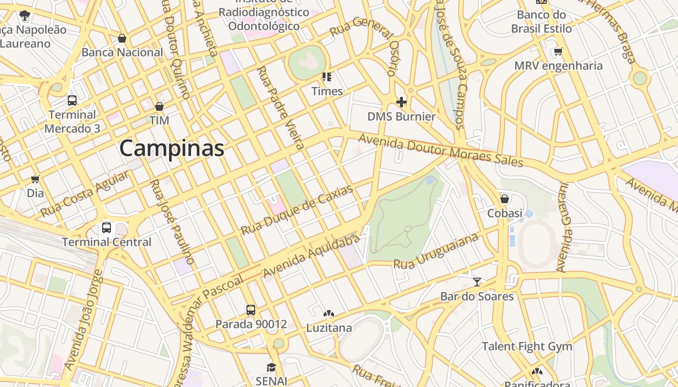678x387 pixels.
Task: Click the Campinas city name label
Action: coord(172,148)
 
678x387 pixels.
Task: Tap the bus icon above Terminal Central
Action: coord(107,227)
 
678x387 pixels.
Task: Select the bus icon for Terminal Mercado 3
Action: coord(72,101)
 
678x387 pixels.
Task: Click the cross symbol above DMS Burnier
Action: coord(401,102)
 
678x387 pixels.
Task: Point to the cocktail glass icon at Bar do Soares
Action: coord(477,282)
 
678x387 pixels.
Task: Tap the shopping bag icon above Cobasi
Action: coord(505,199)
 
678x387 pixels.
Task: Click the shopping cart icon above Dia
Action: coord(35,179)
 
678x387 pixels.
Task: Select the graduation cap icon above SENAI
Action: coord(271,367)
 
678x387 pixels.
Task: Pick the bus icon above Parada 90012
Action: coord(251,310)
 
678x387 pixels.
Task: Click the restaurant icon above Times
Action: coord(327,76)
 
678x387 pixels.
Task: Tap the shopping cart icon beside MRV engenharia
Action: coord(558,51)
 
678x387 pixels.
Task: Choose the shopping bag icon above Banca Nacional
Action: coord(122,38)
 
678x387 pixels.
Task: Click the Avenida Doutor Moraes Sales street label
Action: coord(441,150)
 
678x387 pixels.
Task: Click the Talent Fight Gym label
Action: coord(527,346)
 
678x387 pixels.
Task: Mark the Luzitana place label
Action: coord(329,328)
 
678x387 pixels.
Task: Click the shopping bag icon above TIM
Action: coord(159,106)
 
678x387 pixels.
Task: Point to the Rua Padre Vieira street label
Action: coord(280,107)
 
